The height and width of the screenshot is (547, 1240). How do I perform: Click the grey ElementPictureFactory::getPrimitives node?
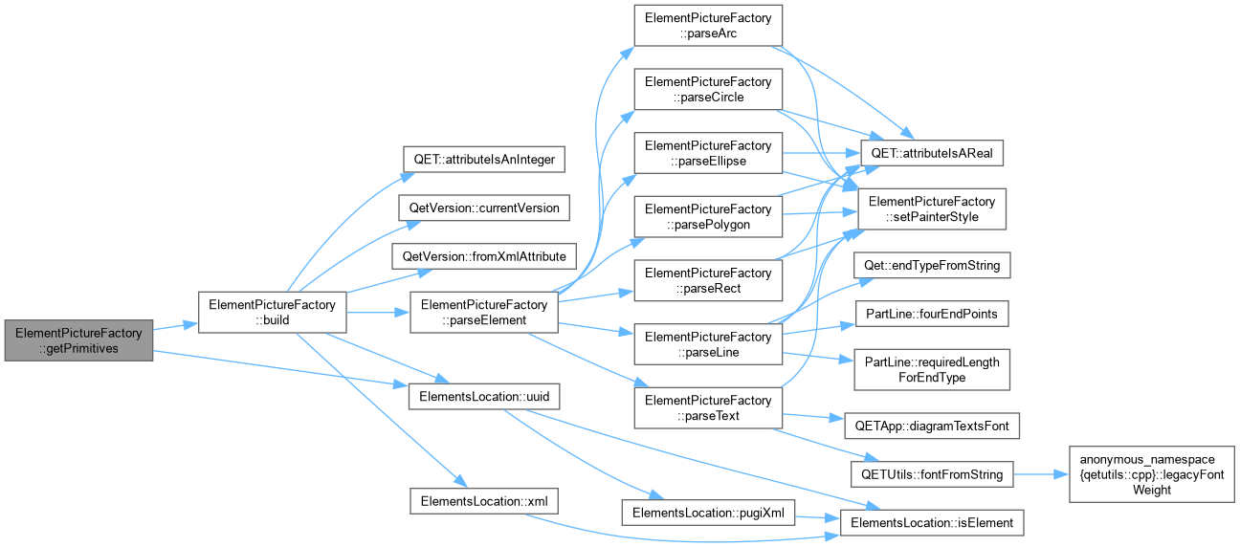click(x=78, y=340)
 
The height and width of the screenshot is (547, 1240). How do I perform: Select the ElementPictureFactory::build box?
click(x=273, y=313)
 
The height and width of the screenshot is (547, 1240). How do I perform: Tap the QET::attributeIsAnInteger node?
click(x=484, y=160)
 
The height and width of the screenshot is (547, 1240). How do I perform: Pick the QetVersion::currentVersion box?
click(x=484, y=208)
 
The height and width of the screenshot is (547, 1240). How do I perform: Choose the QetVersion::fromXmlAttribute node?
click(x=484, y=256)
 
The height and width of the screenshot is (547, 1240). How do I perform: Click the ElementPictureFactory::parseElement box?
click(x=484, y=313)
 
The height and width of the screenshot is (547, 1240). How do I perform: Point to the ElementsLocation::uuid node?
click(x=484, y=397)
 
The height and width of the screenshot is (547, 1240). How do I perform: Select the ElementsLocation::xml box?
click(x=484, y=501)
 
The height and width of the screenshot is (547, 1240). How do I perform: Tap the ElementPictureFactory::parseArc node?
click(x=708, y=26)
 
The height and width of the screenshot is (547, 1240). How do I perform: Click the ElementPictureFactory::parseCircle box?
click(x=708, y=89)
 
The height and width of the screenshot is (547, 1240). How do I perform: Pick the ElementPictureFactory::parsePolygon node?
click(x=708, y=217)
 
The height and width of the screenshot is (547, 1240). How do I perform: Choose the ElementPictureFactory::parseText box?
click(x=708, y=407)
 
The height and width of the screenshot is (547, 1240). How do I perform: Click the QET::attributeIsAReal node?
click(x=932, y=153)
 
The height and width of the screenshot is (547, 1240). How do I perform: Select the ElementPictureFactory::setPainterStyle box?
click(x=932, y=209)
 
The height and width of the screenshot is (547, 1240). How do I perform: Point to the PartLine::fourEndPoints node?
click(x=932, y=314)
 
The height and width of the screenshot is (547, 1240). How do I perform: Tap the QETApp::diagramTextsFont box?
click(x=932, y=426)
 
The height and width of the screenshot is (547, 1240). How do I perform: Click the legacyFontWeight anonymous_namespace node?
click(x=1151, y=474)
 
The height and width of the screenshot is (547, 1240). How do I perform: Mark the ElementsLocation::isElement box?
click(x=932, y=523)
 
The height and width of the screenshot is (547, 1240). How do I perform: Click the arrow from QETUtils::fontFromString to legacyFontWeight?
click(x=1040, y=474)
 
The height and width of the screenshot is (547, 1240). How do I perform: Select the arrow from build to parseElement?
click(x=378, y=313)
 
